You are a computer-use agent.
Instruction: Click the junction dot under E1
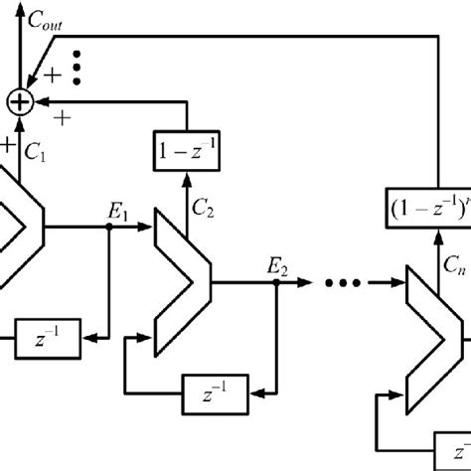[108, 227]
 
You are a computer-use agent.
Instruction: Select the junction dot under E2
[275, 282]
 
